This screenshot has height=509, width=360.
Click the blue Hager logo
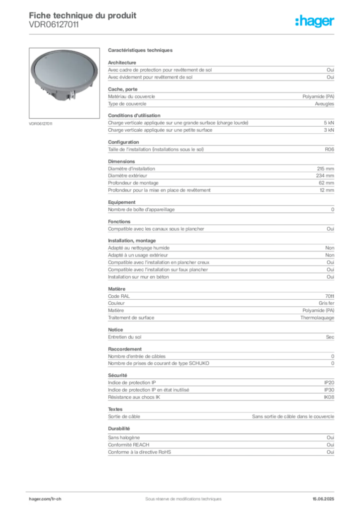coord(316,22)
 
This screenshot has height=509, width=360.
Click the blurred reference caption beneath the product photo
coord(42,123)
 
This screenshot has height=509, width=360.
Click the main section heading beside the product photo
coord(141,51)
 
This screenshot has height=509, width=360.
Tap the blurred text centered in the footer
coord(180,495)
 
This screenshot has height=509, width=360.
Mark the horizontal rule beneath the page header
coord(183,34)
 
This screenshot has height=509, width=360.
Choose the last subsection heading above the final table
coord(119,428)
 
